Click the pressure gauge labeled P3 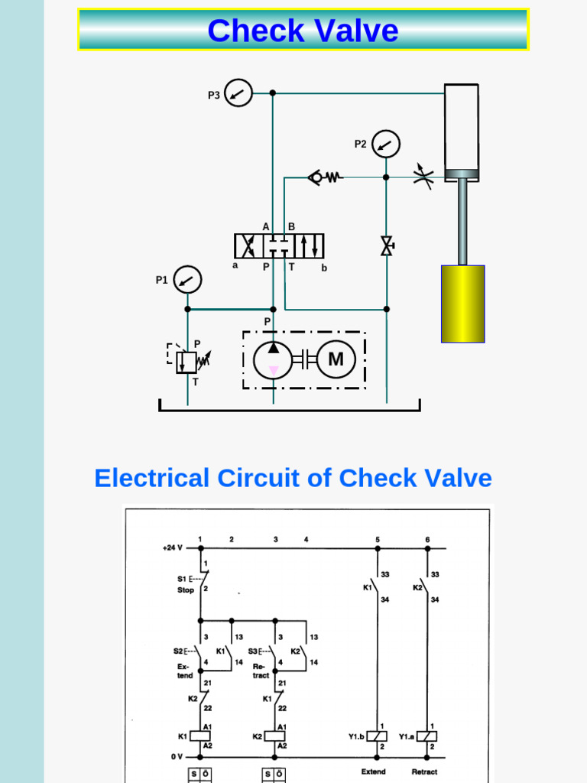click(239, 93)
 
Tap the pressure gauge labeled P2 click(386, 144)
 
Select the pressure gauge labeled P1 click(187, 280)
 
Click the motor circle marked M click(336, 359)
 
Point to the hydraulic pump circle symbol click(273, 359)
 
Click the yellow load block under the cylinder click(462, 304)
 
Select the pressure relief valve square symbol click(186, 361)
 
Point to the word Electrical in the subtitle click(151, 478)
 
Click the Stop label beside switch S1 click(186, 591)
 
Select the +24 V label click(174, 547)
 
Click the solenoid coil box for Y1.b click(378, 736)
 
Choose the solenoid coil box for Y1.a click(427, 736)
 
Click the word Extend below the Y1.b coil click(373, 772)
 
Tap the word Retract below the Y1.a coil click(424, 772)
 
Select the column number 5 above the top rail click(377, 539)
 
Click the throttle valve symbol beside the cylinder click(423, 175)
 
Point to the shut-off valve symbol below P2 click(386, 246)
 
